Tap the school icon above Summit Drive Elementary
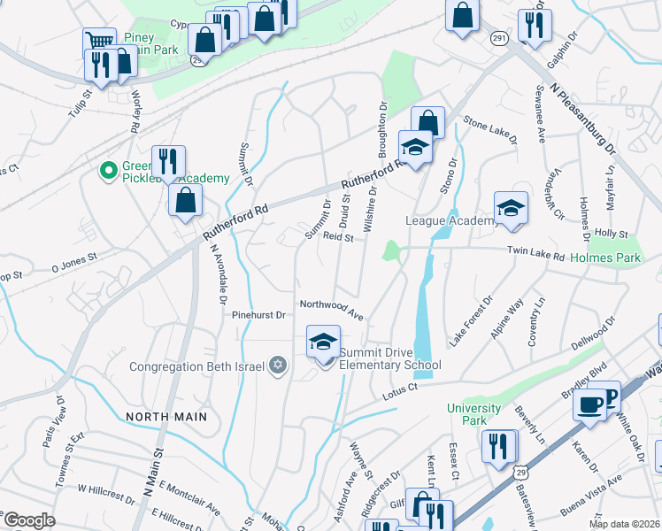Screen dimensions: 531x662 point(324,342)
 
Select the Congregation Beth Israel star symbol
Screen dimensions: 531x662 point(277,366)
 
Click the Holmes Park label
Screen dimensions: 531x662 point(604,258)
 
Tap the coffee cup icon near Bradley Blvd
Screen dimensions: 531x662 point(589,404)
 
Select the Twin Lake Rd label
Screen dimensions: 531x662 point(535,253)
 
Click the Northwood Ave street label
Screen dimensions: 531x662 point(332,309)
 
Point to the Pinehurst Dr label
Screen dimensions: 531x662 point(258,314)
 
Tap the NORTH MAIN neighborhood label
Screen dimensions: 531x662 point(166,416)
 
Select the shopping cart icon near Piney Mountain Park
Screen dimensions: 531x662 point(99,42)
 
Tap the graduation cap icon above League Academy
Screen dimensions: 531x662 point(511,208)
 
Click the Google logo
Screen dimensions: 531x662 point(29,520)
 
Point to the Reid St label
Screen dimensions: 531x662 point(338,237)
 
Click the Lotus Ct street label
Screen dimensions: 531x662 point(400,390)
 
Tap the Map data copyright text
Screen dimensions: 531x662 point(625,524)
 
